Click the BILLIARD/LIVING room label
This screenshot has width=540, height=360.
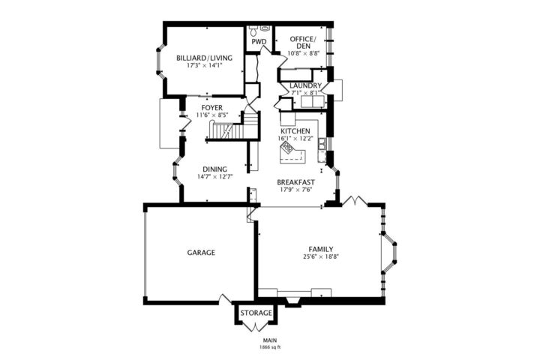coord(205,58)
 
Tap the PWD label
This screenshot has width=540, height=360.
coord(259,42)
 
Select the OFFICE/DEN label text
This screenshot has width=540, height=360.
coord(304,42)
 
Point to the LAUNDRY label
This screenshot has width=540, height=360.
coord(306,85)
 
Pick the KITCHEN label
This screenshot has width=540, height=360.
coord(295,130)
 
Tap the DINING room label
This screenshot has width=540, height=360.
coord(215,169)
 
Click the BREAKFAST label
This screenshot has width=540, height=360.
coord(295,182)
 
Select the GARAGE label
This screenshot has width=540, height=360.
coord(201,253)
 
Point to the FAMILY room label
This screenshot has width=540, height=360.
coord(320,249)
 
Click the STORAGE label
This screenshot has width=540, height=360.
coord(256,312)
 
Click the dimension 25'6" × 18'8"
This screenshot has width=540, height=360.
coord(320,256)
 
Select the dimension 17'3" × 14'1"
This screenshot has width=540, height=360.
coord(205,65)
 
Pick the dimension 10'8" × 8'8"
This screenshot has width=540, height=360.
coord(304,53)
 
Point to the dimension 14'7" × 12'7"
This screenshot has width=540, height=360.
coord(215,177)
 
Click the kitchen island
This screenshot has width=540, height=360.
coord(292,155)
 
